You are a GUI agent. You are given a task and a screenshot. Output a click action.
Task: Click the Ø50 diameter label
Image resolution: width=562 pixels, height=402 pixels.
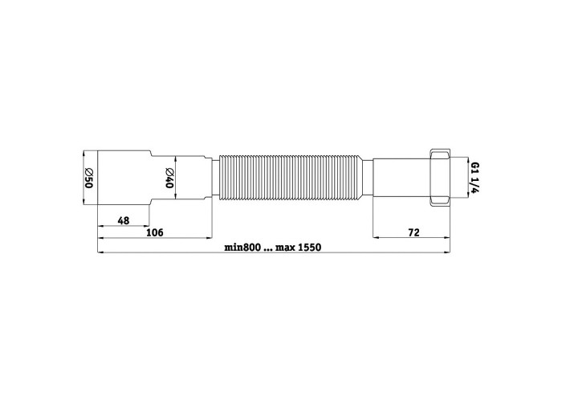click(89, 178)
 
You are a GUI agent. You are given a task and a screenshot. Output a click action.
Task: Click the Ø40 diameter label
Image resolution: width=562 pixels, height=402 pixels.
click(169, 178)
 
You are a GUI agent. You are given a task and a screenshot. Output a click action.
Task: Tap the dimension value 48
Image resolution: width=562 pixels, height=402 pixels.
click(124, 220)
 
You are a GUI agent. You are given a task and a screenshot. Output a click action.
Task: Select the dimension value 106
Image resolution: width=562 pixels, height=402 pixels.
click(155, 232)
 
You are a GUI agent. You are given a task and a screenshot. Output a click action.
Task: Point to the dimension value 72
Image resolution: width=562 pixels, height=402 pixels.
click(413, 232)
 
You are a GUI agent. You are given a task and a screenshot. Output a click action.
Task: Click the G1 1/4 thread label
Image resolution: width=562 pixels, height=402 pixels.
click(474, 178)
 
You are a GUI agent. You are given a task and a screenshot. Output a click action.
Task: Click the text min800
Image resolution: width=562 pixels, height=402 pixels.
click(242, 248)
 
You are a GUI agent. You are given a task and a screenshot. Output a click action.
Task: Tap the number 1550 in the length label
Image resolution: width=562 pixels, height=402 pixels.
click(310, 248)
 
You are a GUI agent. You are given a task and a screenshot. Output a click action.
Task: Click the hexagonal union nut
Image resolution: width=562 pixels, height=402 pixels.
click(439, 178)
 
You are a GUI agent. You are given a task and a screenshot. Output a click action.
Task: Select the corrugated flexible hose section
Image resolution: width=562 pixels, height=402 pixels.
click(291, 178)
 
